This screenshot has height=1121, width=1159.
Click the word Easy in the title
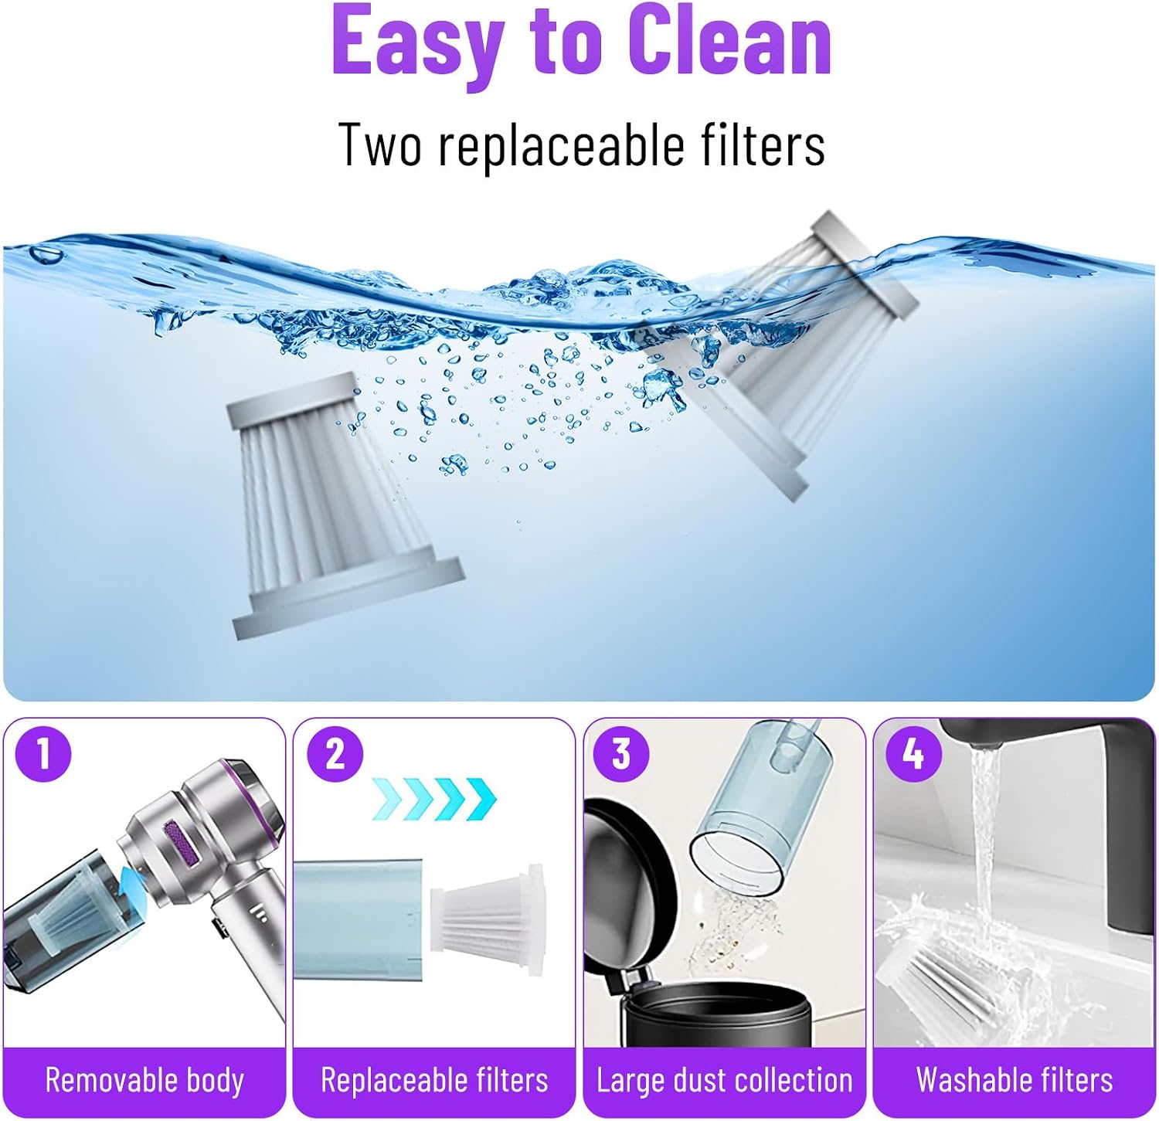(418, 42)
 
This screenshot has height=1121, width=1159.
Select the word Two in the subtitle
(380, 144)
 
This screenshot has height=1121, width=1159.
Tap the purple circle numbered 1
(43, 754)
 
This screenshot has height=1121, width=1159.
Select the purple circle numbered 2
(335, 753)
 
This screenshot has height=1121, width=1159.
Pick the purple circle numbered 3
(621, 753)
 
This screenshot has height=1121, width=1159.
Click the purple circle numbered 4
(913, 753)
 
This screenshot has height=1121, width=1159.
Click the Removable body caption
(144, 1080)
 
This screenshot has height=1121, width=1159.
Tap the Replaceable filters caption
(434, 1080)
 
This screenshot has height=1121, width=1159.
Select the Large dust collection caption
(724, 1080)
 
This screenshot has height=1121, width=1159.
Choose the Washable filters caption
(1015, 1080)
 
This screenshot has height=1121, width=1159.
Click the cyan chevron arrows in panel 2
(435, 800)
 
